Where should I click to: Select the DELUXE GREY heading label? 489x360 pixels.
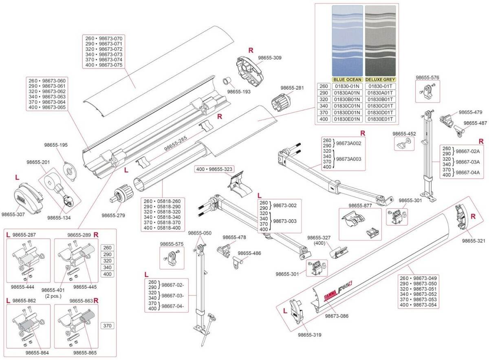[381, 80]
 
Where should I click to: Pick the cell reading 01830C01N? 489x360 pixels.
[347, 106]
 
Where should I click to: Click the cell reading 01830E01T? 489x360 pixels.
[381, 119]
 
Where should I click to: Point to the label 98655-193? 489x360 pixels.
[239, 92]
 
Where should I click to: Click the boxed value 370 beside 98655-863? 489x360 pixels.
[108, 326]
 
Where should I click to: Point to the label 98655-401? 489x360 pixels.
[53, 290]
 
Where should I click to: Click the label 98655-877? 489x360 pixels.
[360, 205]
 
